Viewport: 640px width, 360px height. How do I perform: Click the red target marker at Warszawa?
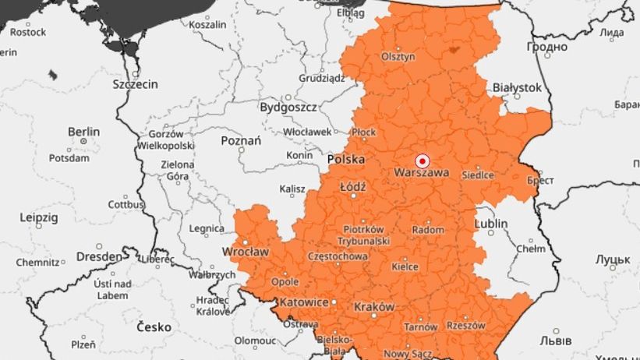coord(423,157)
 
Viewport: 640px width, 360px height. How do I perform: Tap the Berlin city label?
coord(83,132)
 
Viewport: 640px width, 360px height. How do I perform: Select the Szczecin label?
coord(135,83)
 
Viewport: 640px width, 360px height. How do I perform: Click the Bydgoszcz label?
coord(288,107)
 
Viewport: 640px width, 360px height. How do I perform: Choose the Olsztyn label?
coord(398,57)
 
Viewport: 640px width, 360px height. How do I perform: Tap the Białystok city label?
coord(516,88)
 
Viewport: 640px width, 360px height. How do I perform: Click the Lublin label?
coord(490,224)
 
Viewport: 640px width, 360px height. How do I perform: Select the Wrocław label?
coord(246,252)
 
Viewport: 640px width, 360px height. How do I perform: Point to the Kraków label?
coord(374,307)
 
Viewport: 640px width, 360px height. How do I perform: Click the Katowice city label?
coord(303,302)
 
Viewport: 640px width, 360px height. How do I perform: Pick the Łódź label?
coord(353,188)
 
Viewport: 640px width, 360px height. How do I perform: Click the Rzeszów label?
coord(465,325)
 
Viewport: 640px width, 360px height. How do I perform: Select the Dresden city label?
coord(99,256)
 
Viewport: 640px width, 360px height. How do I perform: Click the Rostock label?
coord(28,32)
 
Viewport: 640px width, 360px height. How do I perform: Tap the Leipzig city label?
coord(38,217)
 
